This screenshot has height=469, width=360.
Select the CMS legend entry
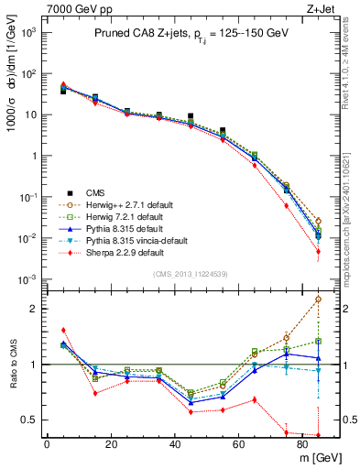tap(96, 192)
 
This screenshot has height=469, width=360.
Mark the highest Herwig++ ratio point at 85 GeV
tap(318, 299)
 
